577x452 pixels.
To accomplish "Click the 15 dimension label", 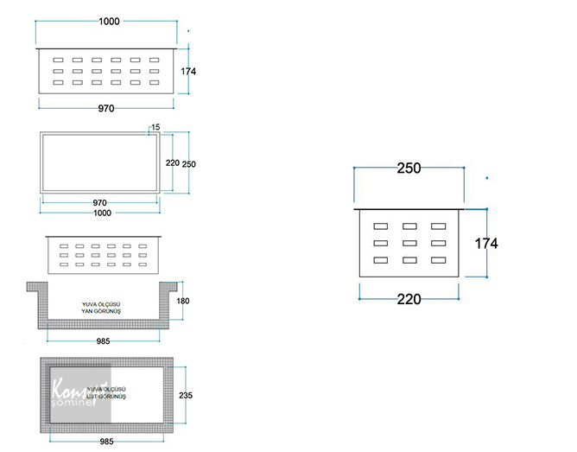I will click(x=155, y=128).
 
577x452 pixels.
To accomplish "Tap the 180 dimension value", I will click(x=181, y=301).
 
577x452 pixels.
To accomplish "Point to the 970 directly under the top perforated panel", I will click(x=105, y=108).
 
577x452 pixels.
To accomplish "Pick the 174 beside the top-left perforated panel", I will click(x=189, y=71).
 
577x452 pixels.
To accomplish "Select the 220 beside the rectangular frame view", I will click(x=172, y=162).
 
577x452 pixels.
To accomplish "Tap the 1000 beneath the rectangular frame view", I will click(x=102, y=213).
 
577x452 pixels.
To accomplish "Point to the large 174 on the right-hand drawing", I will click(x=486, y=244).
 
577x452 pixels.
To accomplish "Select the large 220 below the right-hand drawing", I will click(x=409, y=300).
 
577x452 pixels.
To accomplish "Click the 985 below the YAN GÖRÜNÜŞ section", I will click(x=104, y=341).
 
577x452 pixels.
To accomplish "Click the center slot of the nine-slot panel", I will click(x=409, y=243).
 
